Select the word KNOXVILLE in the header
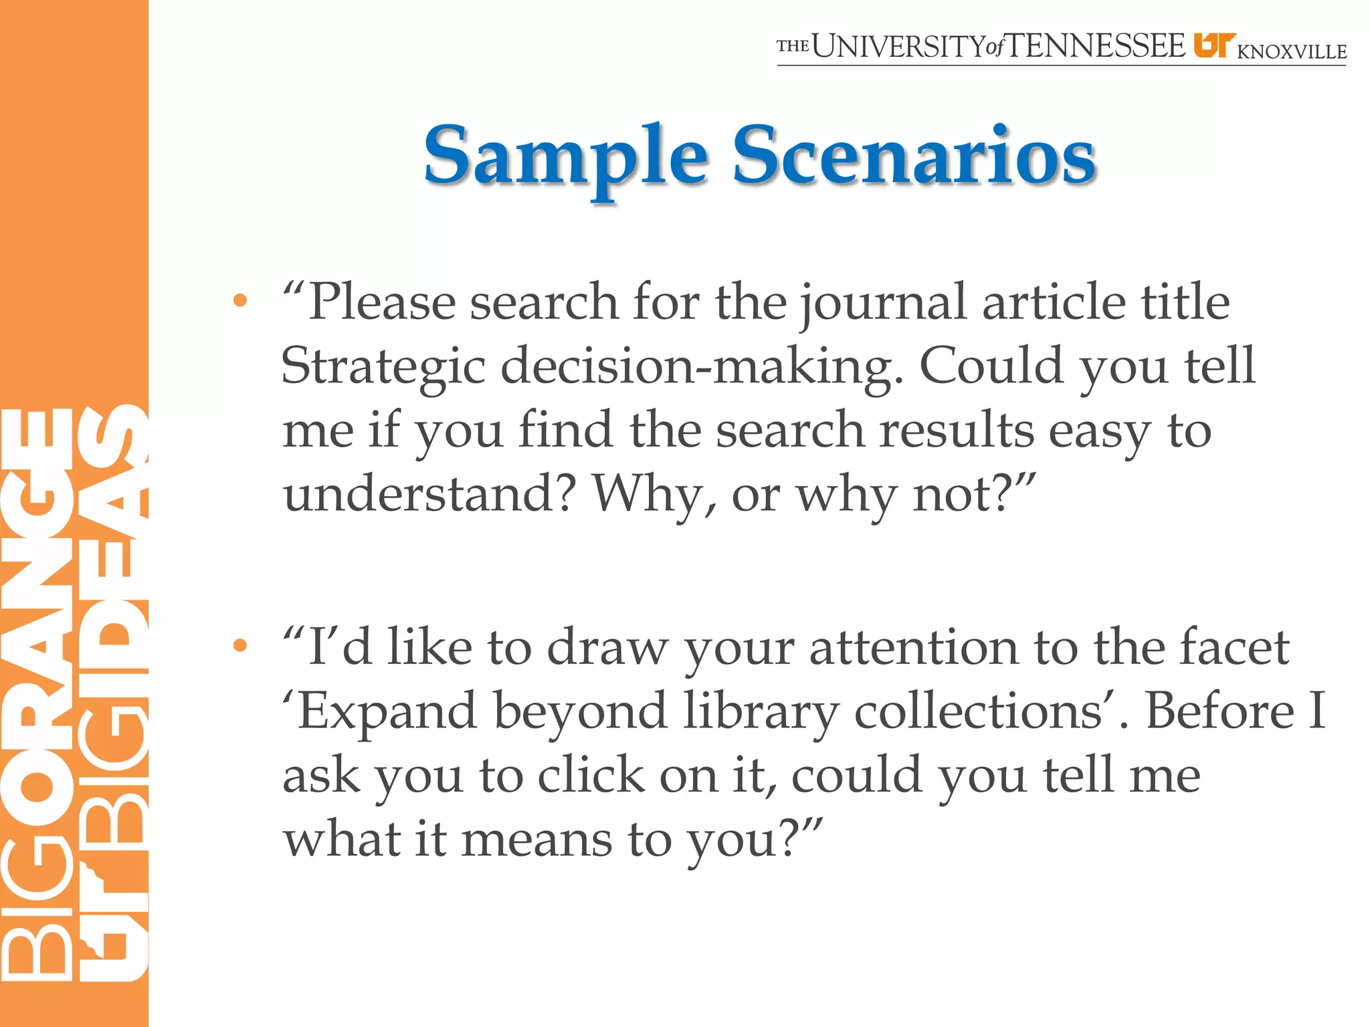(1292, 51)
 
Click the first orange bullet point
(239, 301)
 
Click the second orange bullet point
(239, 646)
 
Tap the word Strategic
(383, 366)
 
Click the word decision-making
(702, 366)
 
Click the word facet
(1234, 647)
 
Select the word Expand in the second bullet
(386, 711)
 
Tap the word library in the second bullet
(761, 711)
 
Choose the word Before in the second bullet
(1221, 711)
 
